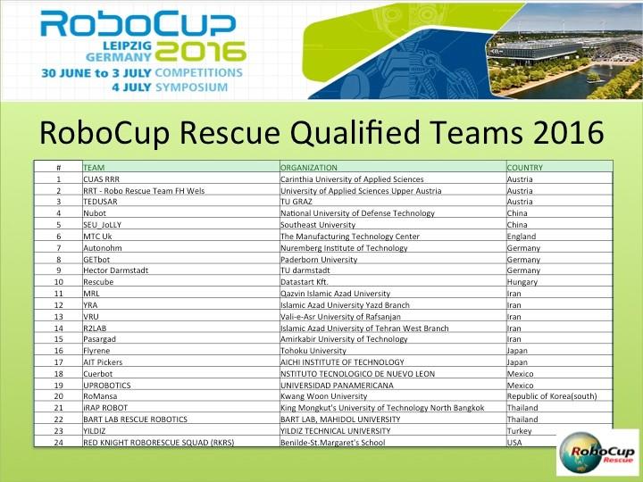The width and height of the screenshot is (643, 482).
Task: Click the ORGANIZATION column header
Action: tap(308, 167)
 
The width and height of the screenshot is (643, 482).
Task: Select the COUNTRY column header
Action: tap(524, 167)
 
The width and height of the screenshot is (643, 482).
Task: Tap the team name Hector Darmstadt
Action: tap(115, 270)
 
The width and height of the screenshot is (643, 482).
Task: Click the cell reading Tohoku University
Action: tap(313, 351)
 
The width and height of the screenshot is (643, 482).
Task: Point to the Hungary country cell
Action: tap(522, 282)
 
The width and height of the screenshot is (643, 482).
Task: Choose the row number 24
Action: tap(59, 443)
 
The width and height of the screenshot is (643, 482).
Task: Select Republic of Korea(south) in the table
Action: tap(552, 396)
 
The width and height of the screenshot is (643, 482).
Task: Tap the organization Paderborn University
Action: tap(319, 260)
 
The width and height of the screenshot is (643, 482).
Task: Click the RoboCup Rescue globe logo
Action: tap(597, 453)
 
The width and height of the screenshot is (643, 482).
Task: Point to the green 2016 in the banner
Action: tap(200, 52)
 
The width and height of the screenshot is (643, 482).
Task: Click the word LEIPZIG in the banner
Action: tap(128, 46)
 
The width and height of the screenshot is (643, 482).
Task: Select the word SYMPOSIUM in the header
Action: tap(191, 87)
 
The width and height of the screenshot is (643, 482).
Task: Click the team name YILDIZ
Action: tap(95, 431)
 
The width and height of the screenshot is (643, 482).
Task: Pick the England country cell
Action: tap(522, 237)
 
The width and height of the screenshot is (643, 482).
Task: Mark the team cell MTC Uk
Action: tap(97, 236)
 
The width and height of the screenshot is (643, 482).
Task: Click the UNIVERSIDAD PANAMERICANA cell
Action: tap(337, 386)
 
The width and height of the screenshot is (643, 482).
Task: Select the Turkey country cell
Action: tap(519, 431)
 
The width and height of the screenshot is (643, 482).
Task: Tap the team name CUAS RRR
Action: tap(101, 179)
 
